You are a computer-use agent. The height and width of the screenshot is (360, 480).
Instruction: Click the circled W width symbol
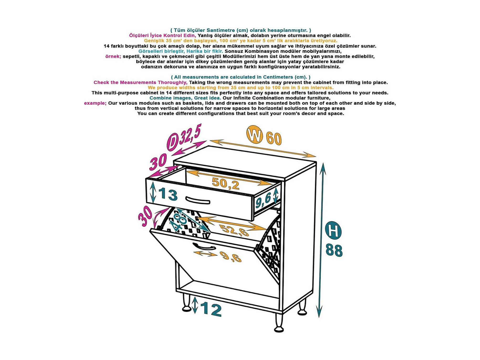pos(255,135)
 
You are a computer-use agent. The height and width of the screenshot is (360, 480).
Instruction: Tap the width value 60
pos(274,138)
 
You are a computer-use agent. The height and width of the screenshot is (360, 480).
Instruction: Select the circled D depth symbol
pos(173,142)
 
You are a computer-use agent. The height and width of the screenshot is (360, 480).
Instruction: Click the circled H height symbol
pos(333,230)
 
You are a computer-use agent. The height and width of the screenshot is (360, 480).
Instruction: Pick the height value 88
pos(334,250)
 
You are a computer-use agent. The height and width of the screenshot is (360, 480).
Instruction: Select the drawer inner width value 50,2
pos(226,183)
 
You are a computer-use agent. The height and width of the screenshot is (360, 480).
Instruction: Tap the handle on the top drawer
pos(198,200)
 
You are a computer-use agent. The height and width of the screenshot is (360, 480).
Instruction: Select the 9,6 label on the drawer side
pos(263,201)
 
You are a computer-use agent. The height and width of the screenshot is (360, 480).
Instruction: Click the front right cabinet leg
pos(279,323)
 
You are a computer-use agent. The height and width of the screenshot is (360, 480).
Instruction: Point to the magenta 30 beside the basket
pos(145,216)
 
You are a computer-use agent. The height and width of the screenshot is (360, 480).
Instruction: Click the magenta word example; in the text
pos(95,103)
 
